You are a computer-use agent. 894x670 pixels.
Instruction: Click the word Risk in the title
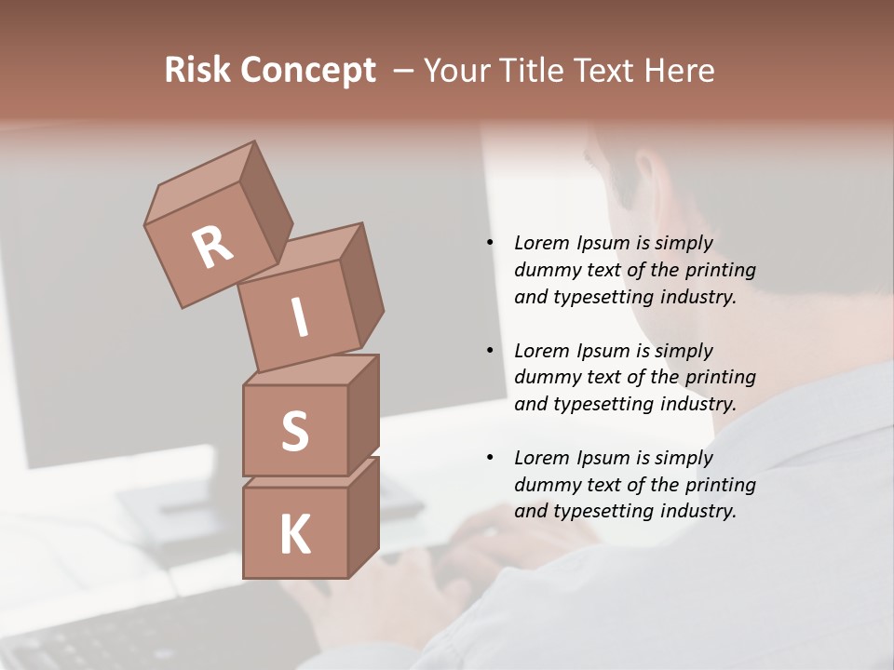coord(197,71)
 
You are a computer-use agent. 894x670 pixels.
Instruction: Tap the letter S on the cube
coord(294,432)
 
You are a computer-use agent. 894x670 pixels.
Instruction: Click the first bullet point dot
coord(490,243)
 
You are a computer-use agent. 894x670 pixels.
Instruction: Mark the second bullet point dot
coord(490,351)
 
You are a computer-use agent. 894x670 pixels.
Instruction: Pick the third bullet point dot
coord(490,458)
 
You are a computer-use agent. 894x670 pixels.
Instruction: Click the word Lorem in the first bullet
coord(541,243)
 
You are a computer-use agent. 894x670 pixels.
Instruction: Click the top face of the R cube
coord(200,183)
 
